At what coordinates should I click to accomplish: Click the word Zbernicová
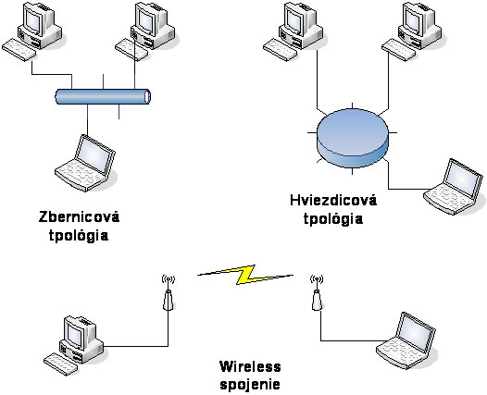coord(80,216)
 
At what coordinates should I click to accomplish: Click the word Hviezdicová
coord(333,200)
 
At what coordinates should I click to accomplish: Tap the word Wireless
coord(250,366)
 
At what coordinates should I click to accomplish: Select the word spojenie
coord(250,385)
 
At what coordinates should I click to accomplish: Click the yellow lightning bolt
coord(245,275)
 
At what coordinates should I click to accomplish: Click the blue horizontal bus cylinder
coord(103,96)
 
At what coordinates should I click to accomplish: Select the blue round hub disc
coord(353,138)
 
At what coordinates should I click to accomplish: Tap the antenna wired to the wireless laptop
coord(317,293)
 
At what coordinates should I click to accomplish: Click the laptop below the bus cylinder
coord(85,163)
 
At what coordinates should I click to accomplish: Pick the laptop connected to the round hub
coord(454,186)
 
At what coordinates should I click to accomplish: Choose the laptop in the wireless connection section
coord(406,340)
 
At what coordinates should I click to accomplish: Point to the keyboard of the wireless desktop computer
coord(60,364)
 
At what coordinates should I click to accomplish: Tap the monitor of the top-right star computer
coord(414,18)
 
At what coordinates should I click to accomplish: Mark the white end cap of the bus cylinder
coord(148,96)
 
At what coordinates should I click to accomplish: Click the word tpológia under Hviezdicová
coord(333,218)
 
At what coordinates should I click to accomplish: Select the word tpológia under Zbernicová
coord(79,235)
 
